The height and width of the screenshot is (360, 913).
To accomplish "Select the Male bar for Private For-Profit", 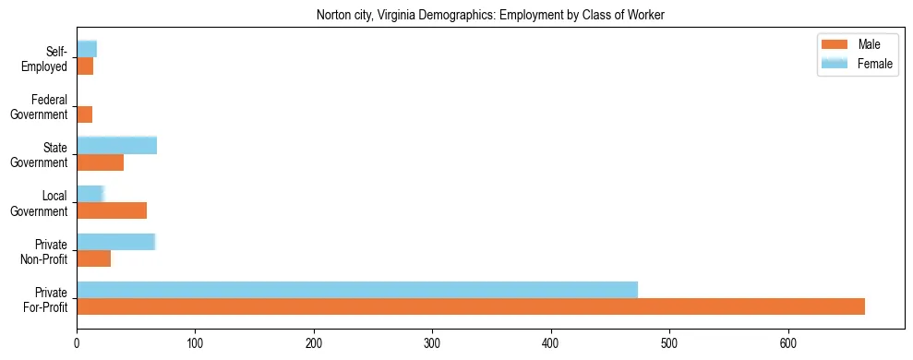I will tap(471, 306).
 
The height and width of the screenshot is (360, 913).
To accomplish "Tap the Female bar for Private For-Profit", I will tap(357, 289).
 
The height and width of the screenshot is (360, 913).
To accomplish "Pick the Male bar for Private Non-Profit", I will tap(93, 258).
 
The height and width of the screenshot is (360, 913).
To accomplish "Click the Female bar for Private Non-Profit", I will tap(115, 241).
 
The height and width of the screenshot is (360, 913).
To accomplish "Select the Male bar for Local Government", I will tap(112, 210).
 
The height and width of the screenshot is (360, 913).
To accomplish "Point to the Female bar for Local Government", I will tap(90, 193).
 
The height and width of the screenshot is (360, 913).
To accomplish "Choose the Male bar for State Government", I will tap(100, 162).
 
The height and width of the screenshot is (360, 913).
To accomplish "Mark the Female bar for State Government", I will tap(116, 145).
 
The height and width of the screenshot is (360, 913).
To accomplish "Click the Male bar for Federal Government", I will tap(84, 114).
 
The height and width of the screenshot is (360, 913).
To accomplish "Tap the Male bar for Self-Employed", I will tap(85, 66).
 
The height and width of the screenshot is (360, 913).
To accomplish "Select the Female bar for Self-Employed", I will tap(86, 49).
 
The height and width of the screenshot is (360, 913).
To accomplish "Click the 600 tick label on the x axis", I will tap(788, 342).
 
